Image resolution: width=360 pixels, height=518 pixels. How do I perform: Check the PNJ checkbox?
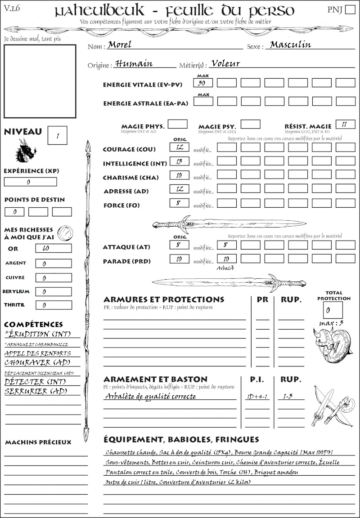pyautogui.click(x=349, y=10)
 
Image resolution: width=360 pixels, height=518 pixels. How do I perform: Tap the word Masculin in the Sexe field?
pyautogui.click(x=290, y=45)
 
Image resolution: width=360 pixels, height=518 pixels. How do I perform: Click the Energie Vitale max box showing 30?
pyautogui.click(x=203, y=83)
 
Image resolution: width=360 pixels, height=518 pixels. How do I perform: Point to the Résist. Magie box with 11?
pyautogui.click(x=345, y=124)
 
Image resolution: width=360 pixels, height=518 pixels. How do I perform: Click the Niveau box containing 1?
pyautogui.click(x=58, y=135)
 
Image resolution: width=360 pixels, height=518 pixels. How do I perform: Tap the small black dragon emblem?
pyautogui.click(x=25, y=150)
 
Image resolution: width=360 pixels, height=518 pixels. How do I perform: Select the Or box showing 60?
pyautogui.click(x=53, y=248)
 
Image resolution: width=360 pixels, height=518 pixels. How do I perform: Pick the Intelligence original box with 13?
pyautogui.click(x=180, y=161)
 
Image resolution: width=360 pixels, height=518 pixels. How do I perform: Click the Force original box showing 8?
pyautogui.click(x=180, y=203)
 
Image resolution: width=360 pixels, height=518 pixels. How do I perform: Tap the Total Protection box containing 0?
pyautogui.click(x=333, y=310)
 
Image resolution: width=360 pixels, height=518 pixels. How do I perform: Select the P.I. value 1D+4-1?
pyautogui.click(x=257, y=397)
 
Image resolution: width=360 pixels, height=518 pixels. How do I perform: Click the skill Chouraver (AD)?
pyautogui.click(x=36, y=362)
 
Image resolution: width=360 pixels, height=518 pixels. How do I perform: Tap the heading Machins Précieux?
pyautogui.click(x=38, y=442)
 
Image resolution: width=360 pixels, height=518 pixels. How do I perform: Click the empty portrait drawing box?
pyautogui.click(x=40, y=81)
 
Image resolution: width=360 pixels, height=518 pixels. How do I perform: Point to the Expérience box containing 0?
pyautogui.click(x=31, y=182)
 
